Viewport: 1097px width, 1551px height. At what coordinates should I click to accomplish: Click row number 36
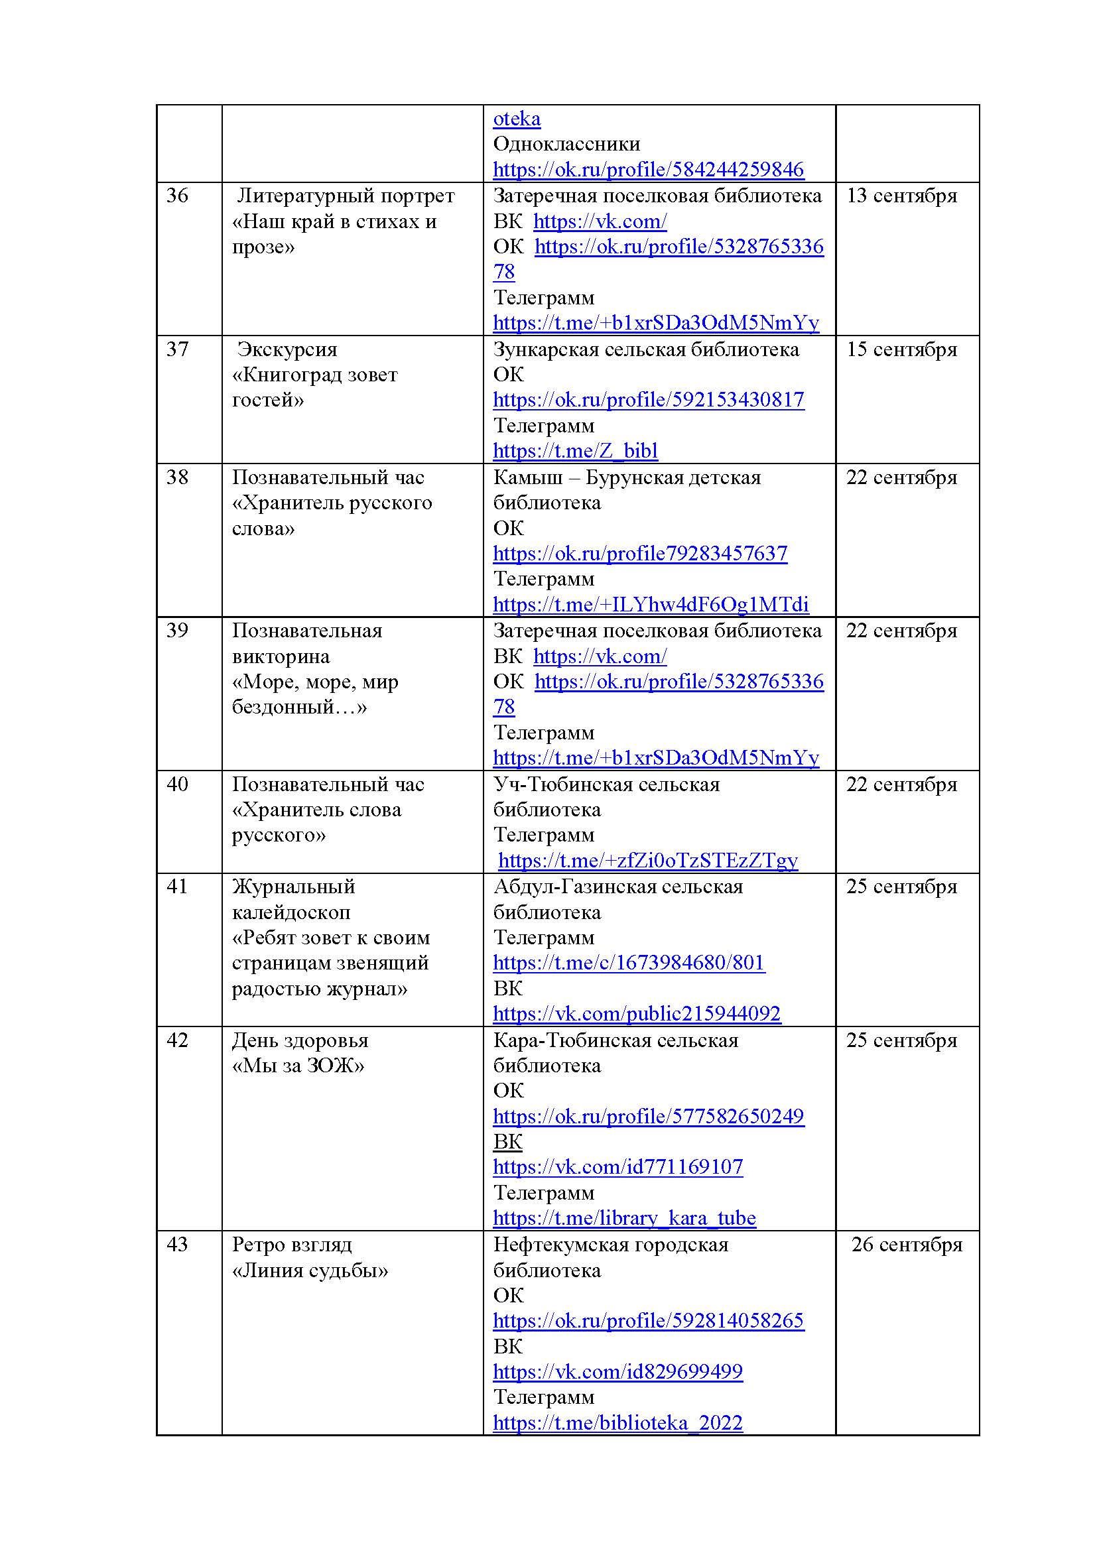pyautogui.click(x=177, y=196)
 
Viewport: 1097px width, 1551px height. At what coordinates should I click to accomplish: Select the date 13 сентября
pyautogui.click(x=901, y=196)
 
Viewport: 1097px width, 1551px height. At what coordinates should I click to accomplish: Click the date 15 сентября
pyautogui.click(x=901, y=349)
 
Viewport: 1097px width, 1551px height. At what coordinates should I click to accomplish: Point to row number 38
pyautogui.click(x=177, y=477)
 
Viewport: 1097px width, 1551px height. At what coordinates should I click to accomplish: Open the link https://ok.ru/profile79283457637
pyautogui.click(x=639, y=554)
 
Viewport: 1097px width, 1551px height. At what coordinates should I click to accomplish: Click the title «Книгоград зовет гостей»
pyautogui.click(x=315, y=387)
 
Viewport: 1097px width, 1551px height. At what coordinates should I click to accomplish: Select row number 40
pyautogui.click(x=177, y=784)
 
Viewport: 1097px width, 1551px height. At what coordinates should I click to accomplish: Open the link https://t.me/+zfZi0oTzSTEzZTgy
pyautogui.click(x=648, y=861)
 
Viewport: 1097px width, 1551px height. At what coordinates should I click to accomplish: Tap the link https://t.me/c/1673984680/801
pyautogui.click(x=629, y=963)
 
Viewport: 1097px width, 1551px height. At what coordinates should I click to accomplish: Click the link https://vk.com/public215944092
pyautogui.click(x=636, y=1014)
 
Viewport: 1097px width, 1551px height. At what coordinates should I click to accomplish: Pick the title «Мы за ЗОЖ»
pyautogui.click(x=298, y=1066)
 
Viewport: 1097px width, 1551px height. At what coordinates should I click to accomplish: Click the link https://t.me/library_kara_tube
pyautogui.click(x=624, y=1218)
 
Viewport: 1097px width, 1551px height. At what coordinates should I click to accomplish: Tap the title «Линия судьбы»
pyautogui.click(x=310, y=1271)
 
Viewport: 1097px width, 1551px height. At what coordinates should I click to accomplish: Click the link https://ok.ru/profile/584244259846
pyautogui.click(x=649, y=170)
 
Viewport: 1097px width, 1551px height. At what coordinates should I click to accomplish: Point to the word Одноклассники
pyautogui.click(x=566, y=144)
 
